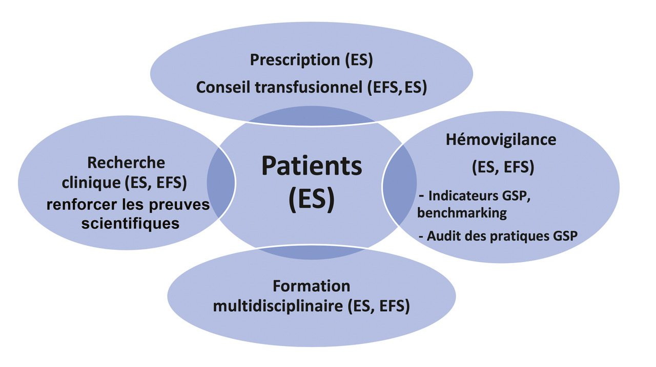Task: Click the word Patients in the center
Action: [312, 166]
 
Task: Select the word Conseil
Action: [223, 88]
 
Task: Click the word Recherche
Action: [126, 163]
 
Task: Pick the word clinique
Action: [90, 183]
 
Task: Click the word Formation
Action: [311, 286]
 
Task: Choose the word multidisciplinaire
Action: [277, 307]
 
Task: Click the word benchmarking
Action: [462, 213]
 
